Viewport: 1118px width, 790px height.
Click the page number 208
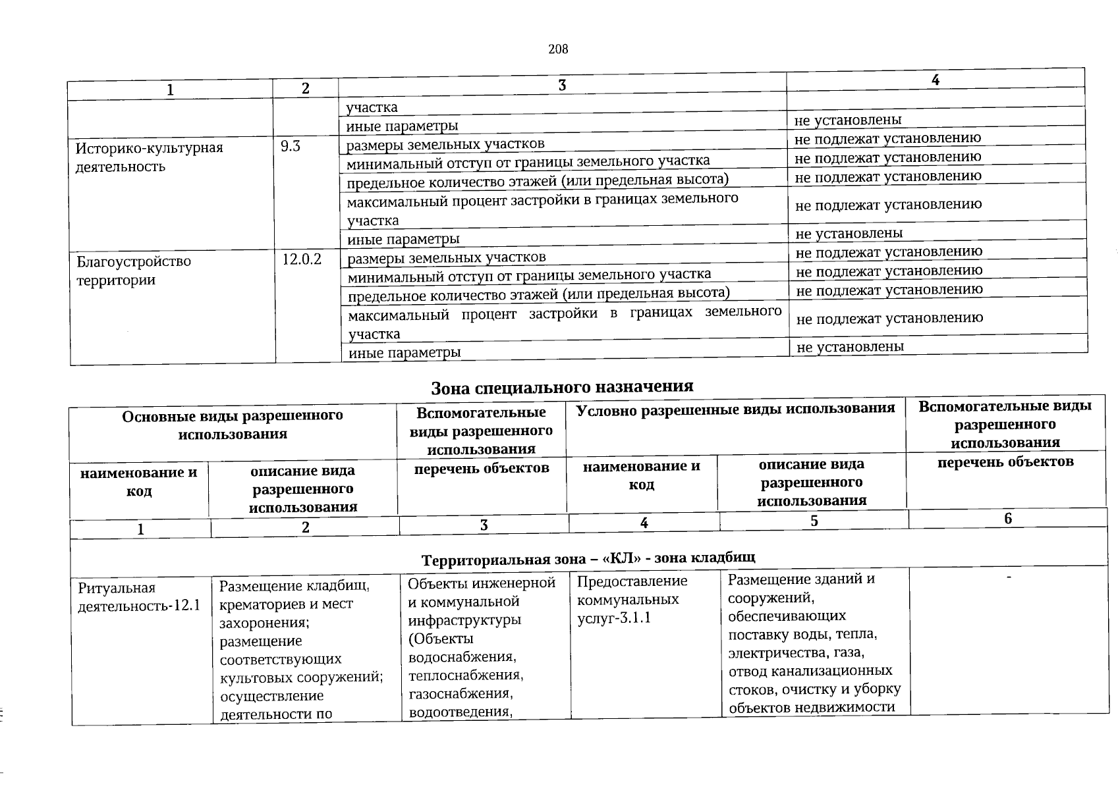558,49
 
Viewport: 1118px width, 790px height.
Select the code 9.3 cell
291,146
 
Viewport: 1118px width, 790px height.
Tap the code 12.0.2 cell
302,259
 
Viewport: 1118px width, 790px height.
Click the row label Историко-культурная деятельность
150,157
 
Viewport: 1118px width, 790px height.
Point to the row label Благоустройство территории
134,271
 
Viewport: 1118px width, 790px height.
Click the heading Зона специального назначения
562,386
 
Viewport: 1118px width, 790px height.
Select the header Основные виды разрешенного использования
233,424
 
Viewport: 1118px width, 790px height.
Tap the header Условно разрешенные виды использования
735,409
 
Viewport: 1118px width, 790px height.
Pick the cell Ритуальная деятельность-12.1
139,596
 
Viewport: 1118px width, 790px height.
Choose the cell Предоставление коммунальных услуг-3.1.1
632,599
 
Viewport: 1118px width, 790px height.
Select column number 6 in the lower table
1007,519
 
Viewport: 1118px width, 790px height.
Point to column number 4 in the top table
935,80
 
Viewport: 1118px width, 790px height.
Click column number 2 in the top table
306,89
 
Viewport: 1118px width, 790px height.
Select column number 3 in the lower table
484,525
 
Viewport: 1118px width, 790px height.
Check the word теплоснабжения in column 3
464,675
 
